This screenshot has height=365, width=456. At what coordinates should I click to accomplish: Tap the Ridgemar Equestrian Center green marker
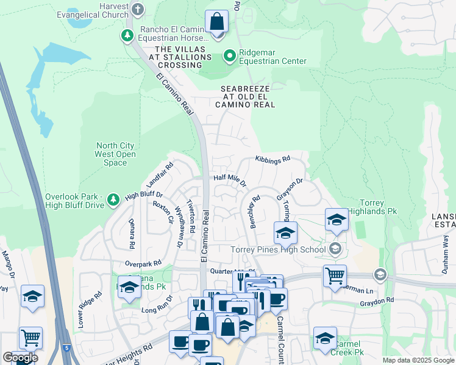(x=229, y=57)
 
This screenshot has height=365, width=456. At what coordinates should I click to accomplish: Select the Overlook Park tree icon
(x=113, y=199)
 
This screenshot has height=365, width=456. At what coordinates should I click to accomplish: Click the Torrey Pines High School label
(x=278, y=249)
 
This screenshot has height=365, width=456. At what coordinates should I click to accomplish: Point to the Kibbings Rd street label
(x=272, y=160)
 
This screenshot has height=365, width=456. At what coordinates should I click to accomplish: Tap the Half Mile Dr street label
(x=230, y=180)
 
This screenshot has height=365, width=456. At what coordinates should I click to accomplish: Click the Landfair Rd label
(x=160, y=175)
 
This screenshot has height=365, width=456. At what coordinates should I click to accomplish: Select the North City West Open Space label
(x=116, y=154)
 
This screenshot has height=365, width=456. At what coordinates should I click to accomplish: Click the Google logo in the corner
(x=20, y=357)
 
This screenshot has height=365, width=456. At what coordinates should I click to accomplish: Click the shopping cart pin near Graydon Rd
(x=335, y=276)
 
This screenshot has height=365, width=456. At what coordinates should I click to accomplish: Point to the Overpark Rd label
(x=143, y=263)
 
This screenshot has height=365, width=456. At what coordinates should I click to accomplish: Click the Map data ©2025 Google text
(x=418, y=360)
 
